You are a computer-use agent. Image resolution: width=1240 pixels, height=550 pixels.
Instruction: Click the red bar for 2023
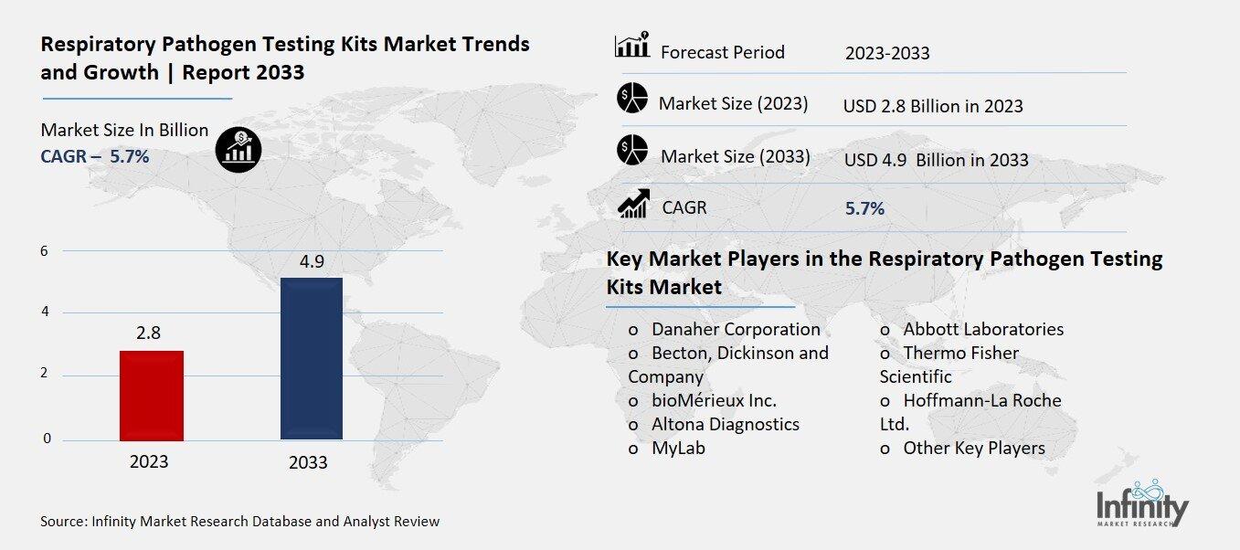click(151, 395)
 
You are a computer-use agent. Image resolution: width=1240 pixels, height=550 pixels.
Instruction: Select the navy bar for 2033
click(311, 358)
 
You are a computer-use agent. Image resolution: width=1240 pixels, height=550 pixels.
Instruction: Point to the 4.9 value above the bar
click(311, 262)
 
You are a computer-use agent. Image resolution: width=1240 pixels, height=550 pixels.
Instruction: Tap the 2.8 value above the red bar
click(148, 333)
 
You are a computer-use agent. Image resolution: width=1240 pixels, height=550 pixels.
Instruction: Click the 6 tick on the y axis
click(44, 250)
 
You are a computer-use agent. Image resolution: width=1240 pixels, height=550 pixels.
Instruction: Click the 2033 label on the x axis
click(308, 462)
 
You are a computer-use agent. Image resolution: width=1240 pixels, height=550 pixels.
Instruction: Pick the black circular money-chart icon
click(238, 148)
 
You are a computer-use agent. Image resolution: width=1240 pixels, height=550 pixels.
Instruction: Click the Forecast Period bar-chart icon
click(632, 46)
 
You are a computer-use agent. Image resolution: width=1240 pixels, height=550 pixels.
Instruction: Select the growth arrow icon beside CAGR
click(632, 203)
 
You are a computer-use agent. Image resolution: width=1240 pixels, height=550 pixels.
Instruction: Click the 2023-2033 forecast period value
click(886, 53)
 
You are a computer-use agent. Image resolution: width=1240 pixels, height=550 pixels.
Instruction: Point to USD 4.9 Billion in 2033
click(936, 160)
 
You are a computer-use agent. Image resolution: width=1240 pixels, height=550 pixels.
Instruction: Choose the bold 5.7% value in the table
click(864, 208)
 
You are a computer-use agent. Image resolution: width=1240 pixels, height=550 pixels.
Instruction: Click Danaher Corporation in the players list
click(735, 329)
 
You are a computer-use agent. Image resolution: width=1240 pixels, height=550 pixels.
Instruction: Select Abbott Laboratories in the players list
click(982, 329)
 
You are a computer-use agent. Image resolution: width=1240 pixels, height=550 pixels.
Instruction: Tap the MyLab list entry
click(677, 448)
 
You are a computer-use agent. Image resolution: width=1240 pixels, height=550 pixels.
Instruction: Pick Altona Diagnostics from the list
click(725, 424)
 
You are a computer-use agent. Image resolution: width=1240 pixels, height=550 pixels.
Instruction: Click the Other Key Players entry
click(973, 448)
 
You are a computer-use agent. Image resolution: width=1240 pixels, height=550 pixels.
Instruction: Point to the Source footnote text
click(239, 522)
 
